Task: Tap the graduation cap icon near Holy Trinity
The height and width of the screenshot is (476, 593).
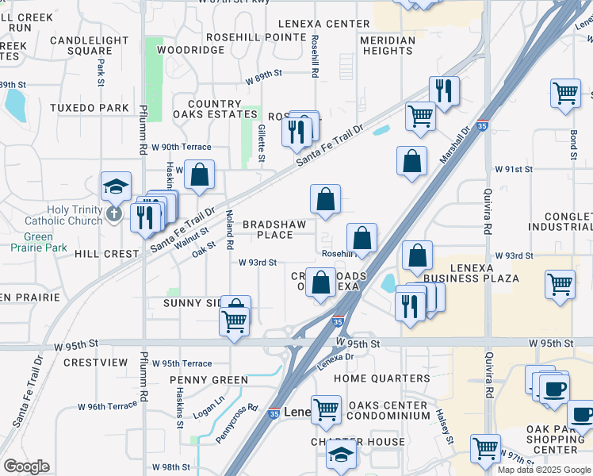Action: click(x=116, y=187)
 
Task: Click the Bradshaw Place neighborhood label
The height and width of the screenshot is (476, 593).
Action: click(x=274, y=229)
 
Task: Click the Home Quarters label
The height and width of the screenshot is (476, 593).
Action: click(x=381, y=378)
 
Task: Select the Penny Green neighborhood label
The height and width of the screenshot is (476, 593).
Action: click(x=209, y=380)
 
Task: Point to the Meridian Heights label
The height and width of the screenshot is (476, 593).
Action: click(x=387, y=45)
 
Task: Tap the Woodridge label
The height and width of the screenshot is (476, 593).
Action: click(x=191, y=50)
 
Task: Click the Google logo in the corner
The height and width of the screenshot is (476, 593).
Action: click(x=26, y=466)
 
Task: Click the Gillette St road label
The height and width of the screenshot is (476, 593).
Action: click(x=262, y=143)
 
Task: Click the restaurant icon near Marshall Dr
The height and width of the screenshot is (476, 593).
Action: click(x=443, y=91)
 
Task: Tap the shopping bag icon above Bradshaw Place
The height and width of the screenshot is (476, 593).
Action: click(x=325, y=199)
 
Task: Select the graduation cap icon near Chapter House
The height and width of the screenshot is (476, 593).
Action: click(x=342, y=455)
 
